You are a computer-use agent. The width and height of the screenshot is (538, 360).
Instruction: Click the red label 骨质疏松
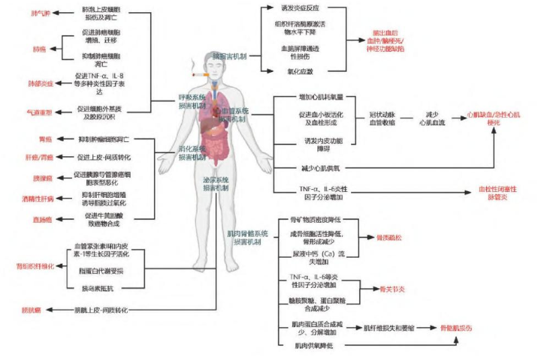pyautogui.click(x=389, y=238)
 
